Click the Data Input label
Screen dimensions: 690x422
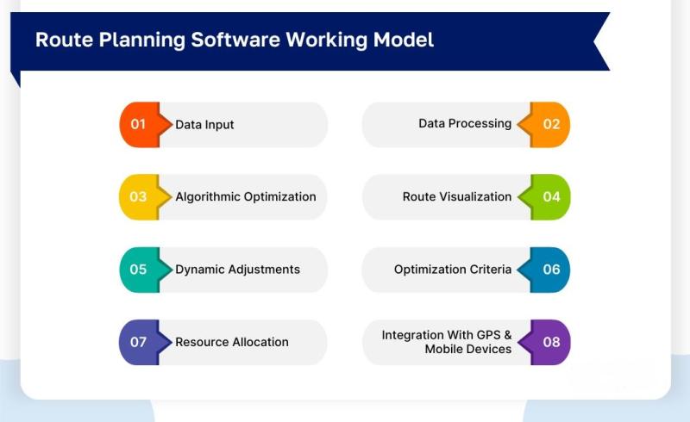[x=204, y=125]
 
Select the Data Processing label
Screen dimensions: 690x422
[x=465, y=124]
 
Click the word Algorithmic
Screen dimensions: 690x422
[x=208, y=196]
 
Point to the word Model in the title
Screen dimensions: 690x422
[x=404, y=40]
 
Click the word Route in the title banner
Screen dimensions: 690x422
[x=64, y=40]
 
